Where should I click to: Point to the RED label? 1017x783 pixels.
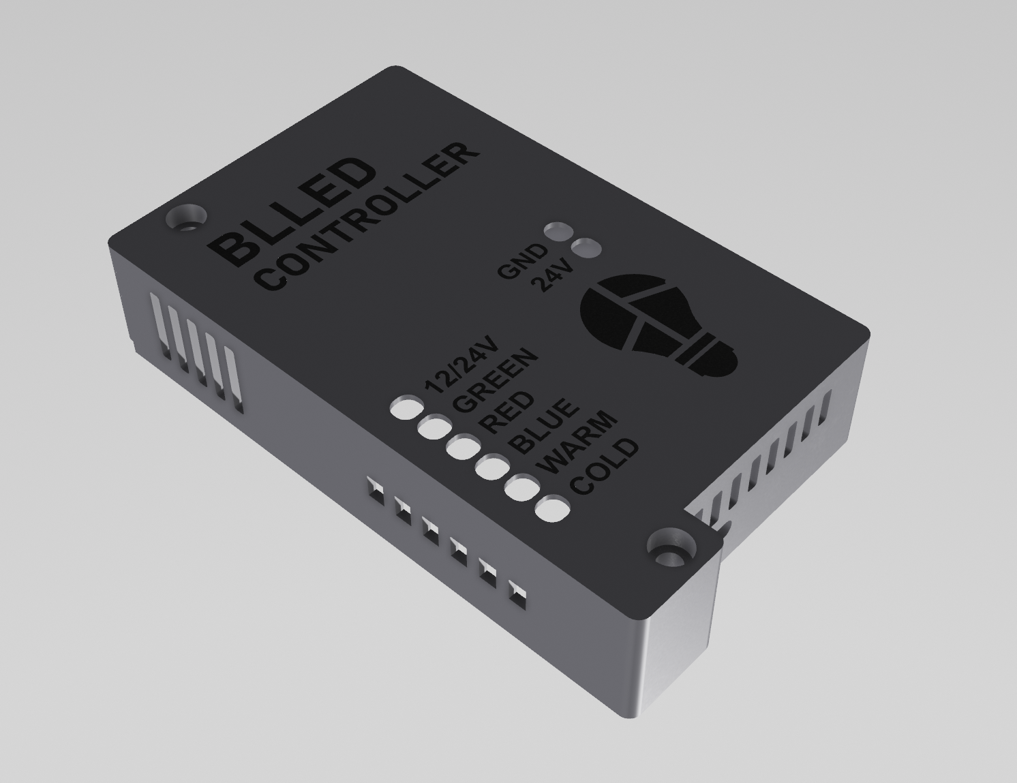point(506,413)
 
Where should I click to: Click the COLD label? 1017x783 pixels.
point(605,467)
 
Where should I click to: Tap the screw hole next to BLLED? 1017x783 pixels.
point(185,218)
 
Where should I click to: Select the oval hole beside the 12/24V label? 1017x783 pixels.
point(406,408)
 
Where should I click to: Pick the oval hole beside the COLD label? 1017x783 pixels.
point(553,510)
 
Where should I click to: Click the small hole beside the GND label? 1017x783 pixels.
point(558,231)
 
